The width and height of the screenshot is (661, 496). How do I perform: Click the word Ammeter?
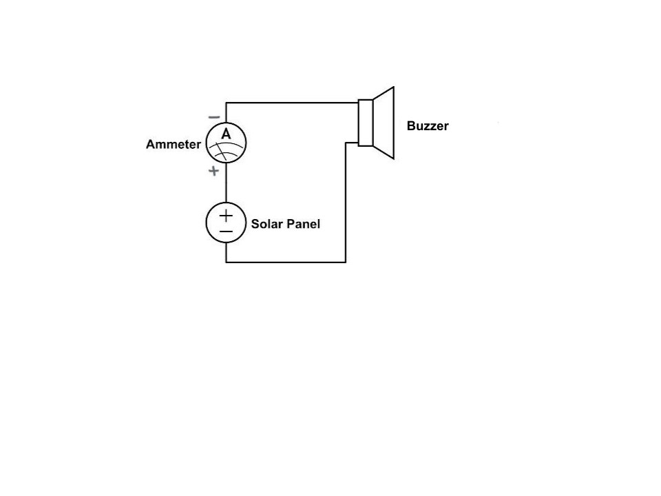tap(174, 144)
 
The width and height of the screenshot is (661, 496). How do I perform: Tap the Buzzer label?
tap(428, 125)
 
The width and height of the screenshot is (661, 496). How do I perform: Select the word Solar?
tap(267, 224)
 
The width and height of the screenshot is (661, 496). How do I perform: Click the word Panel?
tap(304, 224)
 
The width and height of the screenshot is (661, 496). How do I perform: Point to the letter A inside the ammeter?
tap(226, 134)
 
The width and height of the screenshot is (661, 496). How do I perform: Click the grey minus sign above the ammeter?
tap(214, 117)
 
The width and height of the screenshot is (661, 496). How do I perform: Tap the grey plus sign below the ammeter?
tap(213, 171)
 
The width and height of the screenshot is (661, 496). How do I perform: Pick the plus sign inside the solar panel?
tap(226, 216)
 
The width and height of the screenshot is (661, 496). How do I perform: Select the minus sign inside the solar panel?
tap(226, 231)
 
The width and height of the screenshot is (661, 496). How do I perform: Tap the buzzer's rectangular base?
tap(366, 123)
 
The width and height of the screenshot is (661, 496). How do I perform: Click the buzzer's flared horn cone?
tap(384, 123)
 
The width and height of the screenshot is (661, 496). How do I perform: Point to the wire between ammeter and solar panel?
tap(226, 182)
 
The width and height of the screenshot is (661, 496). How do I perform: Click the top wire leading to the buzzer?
tap(292, 103)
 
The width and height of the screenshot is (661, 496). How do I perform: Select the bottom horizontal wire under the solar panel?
tap(286, 262)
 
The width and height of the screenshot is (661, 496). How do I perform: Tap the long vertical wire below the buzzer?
tap(346, 203)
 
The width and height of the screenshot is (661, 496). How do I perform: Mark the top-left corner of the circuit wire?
tap(226, 103)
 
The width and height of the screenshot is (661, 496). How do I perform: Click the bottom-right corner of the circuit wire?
tap(346, 262)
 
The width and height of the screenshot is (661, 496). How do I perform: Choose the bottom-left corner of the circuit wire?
tap(226, 262)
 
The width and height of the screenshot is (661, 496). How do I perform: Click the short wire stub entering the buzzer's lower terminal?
tap(352, 143)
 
